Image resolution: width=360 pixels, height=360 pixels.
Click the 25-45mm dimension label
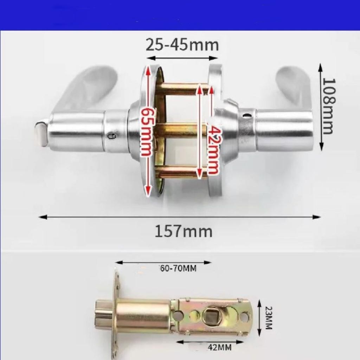182,45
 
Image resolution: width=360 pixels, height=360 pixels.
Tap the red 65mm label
147,132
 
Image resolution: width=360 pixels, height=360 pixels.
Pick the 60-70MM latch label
178,268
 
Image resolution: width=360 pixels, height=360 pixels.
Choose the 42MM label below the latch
219,348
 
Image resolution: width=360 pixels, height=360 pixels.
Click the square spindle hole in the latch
212,317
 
